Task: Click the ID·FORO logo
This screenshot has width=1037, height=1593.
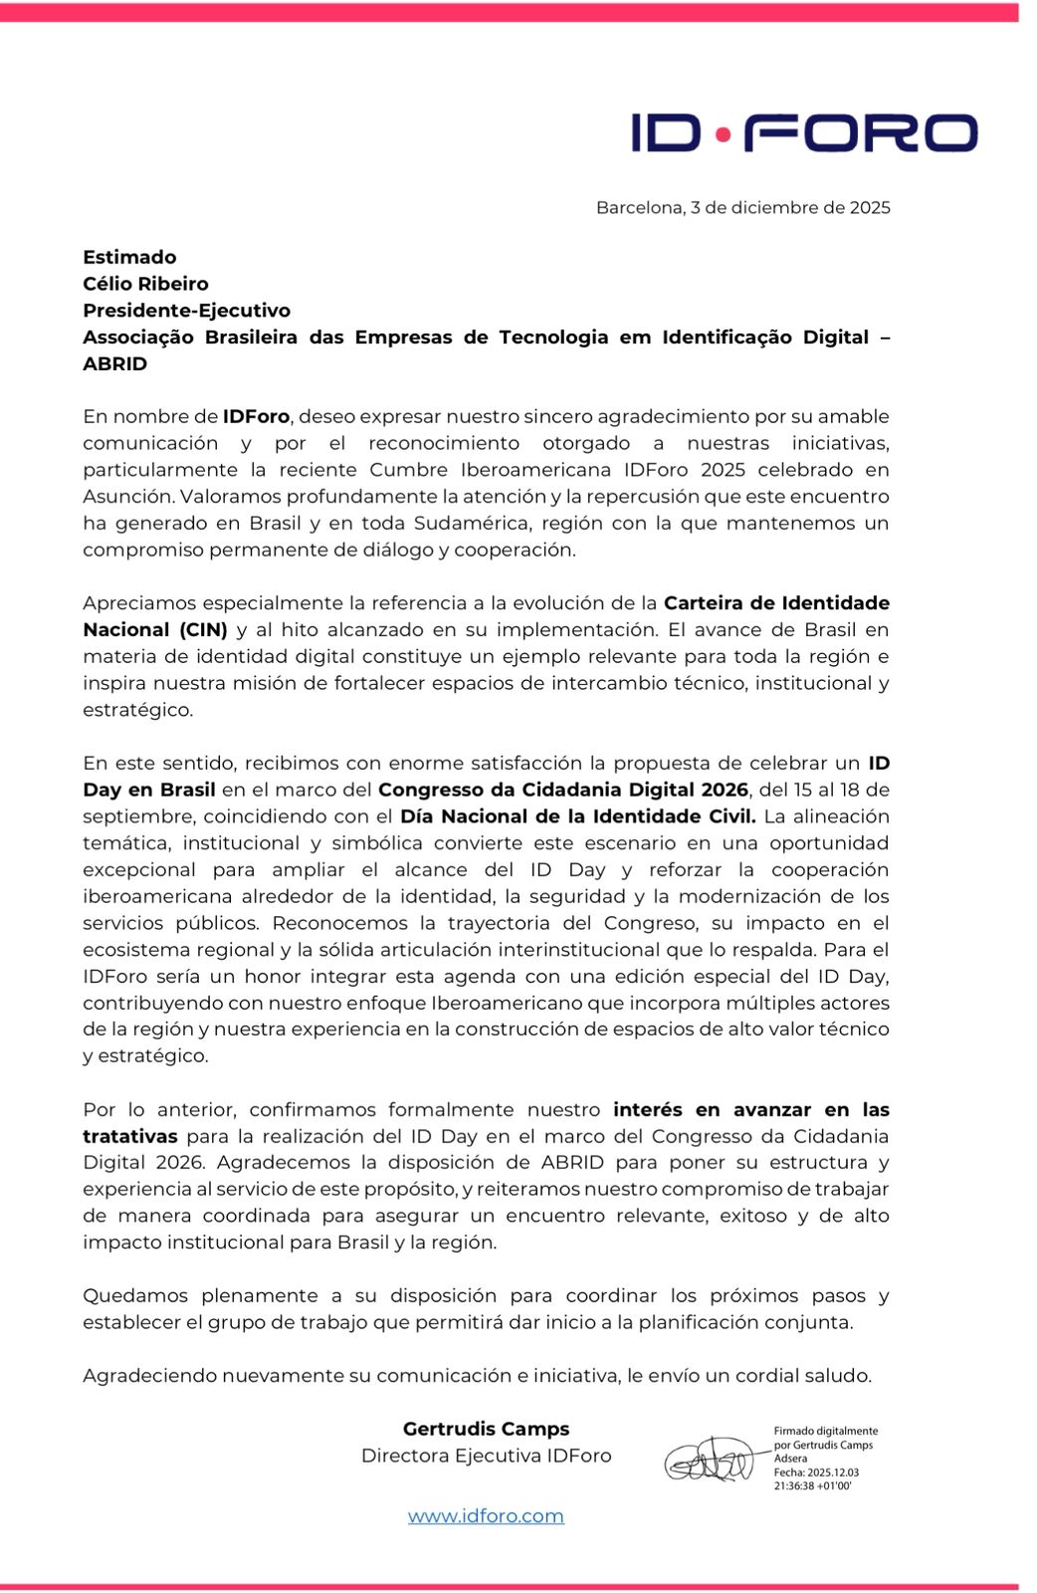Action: click(804, 132)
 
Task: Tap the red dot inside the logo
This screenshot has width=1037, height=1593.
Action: click(723, 132)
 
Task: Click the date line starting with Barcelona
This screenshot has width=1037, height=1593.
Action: click(742, 208)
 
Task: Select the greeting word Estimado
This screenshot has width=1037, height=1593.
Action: click(129, 257)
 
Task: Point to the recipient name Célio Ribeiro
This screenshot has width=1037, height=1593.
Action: click(145, 284)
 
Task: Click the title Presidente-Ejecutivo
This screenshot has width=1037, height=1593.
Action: click(186, 311)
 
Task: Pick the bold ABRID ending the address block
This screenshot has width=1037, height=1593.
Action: click(114, 364)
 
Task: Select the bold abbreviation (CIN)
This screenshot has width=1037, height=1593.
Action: click(203, 630)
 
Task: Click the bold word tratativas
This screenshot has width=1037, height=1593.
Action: click(130, 1136)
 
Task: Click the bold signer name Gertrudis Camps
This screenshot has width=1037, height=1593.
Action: click(486, 1429)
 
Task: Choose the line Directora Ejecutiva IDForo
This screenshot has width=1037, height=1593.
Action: click(486, 1456)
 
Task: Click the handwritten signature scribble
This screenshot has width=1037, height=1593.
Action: click(709, 1460)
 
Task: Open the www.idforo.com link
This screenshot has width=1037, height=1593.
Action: click(486, 1516)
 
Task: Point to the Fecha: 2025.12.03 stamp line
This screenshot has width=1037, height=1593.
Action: click(816, 1473)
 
